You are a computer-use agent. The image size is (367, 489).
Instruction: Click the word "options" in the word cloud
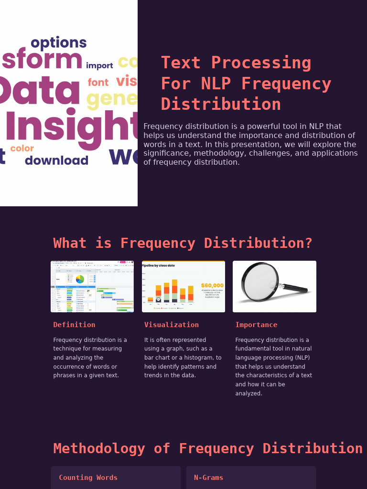tap(58, 43)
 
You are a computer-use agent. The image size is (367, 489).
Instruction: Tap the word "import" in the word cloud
tap(99, 65)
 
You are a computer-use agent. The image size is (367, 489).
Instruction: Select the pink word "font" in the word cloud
tap(98, 83)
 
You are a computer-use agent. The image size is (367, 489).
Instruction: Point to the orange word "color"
tap(22, 149)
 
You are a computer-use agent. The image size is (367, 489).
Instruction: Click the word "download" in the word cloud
tap(56, 160)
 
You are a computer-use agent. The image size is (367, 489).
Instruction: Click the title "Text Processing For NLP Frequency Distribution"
tap(246, 84)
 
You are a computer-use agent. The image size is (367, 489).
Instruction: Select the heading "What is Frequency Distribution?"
tap(183, 243)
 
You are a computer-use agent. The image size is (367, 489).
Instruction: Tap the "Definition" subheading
tap(74, 325)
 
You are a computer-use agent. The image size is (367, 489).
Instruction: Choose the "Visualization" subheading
tap(172, 325)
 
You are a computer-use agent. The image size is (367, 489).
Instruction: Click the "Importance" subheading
tap(256, 325)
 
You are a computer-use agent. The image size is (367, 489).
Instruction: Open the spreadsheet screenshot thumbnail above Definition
tap(92, 287)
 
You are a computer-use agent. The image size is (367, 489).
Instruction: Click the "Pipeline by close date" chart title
tap(158, 266)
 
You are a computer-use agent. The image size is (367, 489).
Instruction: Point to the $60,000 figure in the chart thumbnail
tap(212, 286)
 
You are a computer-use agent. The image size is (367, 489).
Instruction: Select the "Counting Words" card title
tap(88, 478)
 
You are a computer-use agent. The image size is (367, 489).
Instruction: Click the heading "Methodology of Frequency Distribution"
tap(208, 448)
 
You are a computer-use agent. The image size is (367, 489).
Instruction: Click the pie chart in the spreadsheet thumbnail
tap(80, 279)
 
